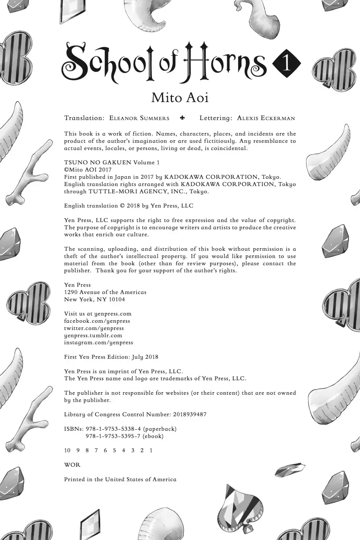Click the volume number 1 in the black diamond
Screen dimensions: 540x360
point(286,64)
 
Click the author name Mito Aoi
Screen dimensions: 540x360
point(180,97)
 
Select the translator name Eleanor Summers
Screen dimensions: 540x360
point(139,118)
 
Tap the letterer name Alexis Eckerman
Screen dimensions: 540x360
point(266,118)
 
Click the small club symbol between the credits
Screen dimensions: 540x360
point(183,118)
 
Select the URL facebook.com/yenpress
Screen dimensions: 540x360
point(97,321)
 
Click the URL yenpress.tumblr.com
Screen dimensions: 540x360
point(93,335)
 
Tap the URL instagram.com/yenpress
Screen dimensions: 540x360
point(98,342)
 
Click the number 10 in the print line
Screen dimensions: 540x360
point(67,450)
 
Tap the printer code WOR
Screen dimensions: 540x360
point(72,465)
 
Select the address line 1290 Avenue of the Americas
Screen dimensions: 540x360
point(105,292)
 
